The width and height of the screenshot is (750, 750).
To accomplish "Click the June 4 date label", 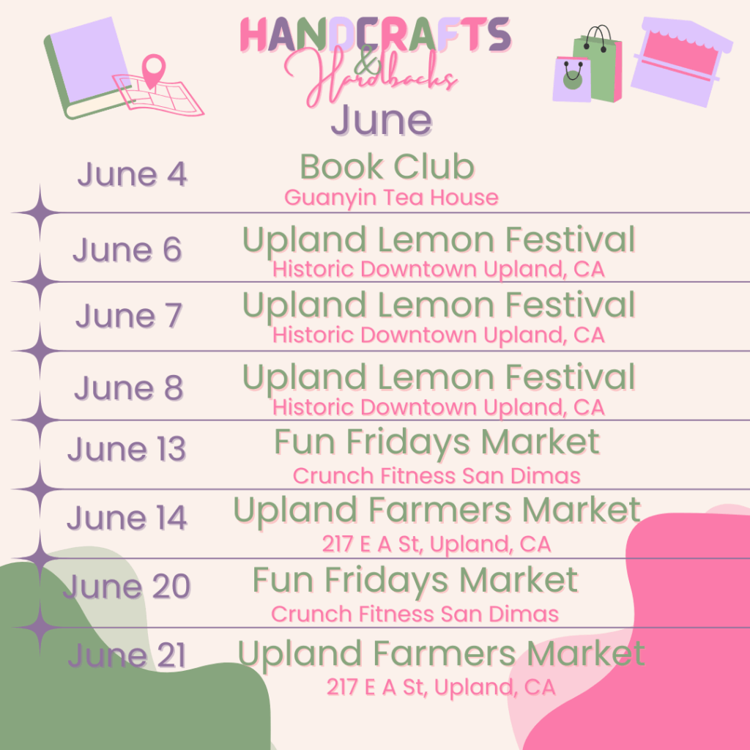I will (x=132, y=175).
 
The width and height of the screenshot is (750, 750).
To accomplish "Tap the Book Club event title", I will (x=387, y=167).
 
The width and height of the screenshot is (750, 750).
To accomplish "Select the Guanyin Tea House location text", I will (x=391, y=198).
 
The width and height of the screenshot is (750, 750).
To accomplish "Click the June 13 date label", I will (x=127, y=450).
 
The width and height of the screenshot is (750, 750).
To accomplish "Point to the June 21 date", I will (x=127, y=656).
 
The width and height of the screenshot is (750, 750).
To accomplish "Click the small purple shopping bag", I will (x=571, y=79).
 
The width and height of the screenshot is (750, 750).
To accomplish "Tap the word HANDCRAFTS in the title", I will (x=375, y=35).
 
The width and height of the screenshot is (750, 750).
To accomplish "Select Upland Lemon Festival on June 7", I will (x=438, y=305).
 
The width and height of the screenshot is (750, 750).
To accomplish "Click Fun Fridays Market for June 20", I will (x=415, y=581).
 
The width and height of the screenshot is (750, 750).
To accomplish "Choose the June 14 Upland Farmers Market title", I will (x=437, y=510).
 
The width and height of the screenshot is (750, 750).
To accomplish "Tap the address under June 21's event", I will (x=440, y=688).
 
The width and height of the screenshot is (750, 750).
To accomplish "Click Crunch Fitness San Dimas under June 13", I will (x=437, y=476).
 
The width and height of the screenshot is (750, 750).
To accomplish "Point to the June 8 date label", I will (x=128, y=388).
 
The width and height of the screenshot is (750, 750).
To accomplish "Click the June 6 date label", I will (x=127, y=250).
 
